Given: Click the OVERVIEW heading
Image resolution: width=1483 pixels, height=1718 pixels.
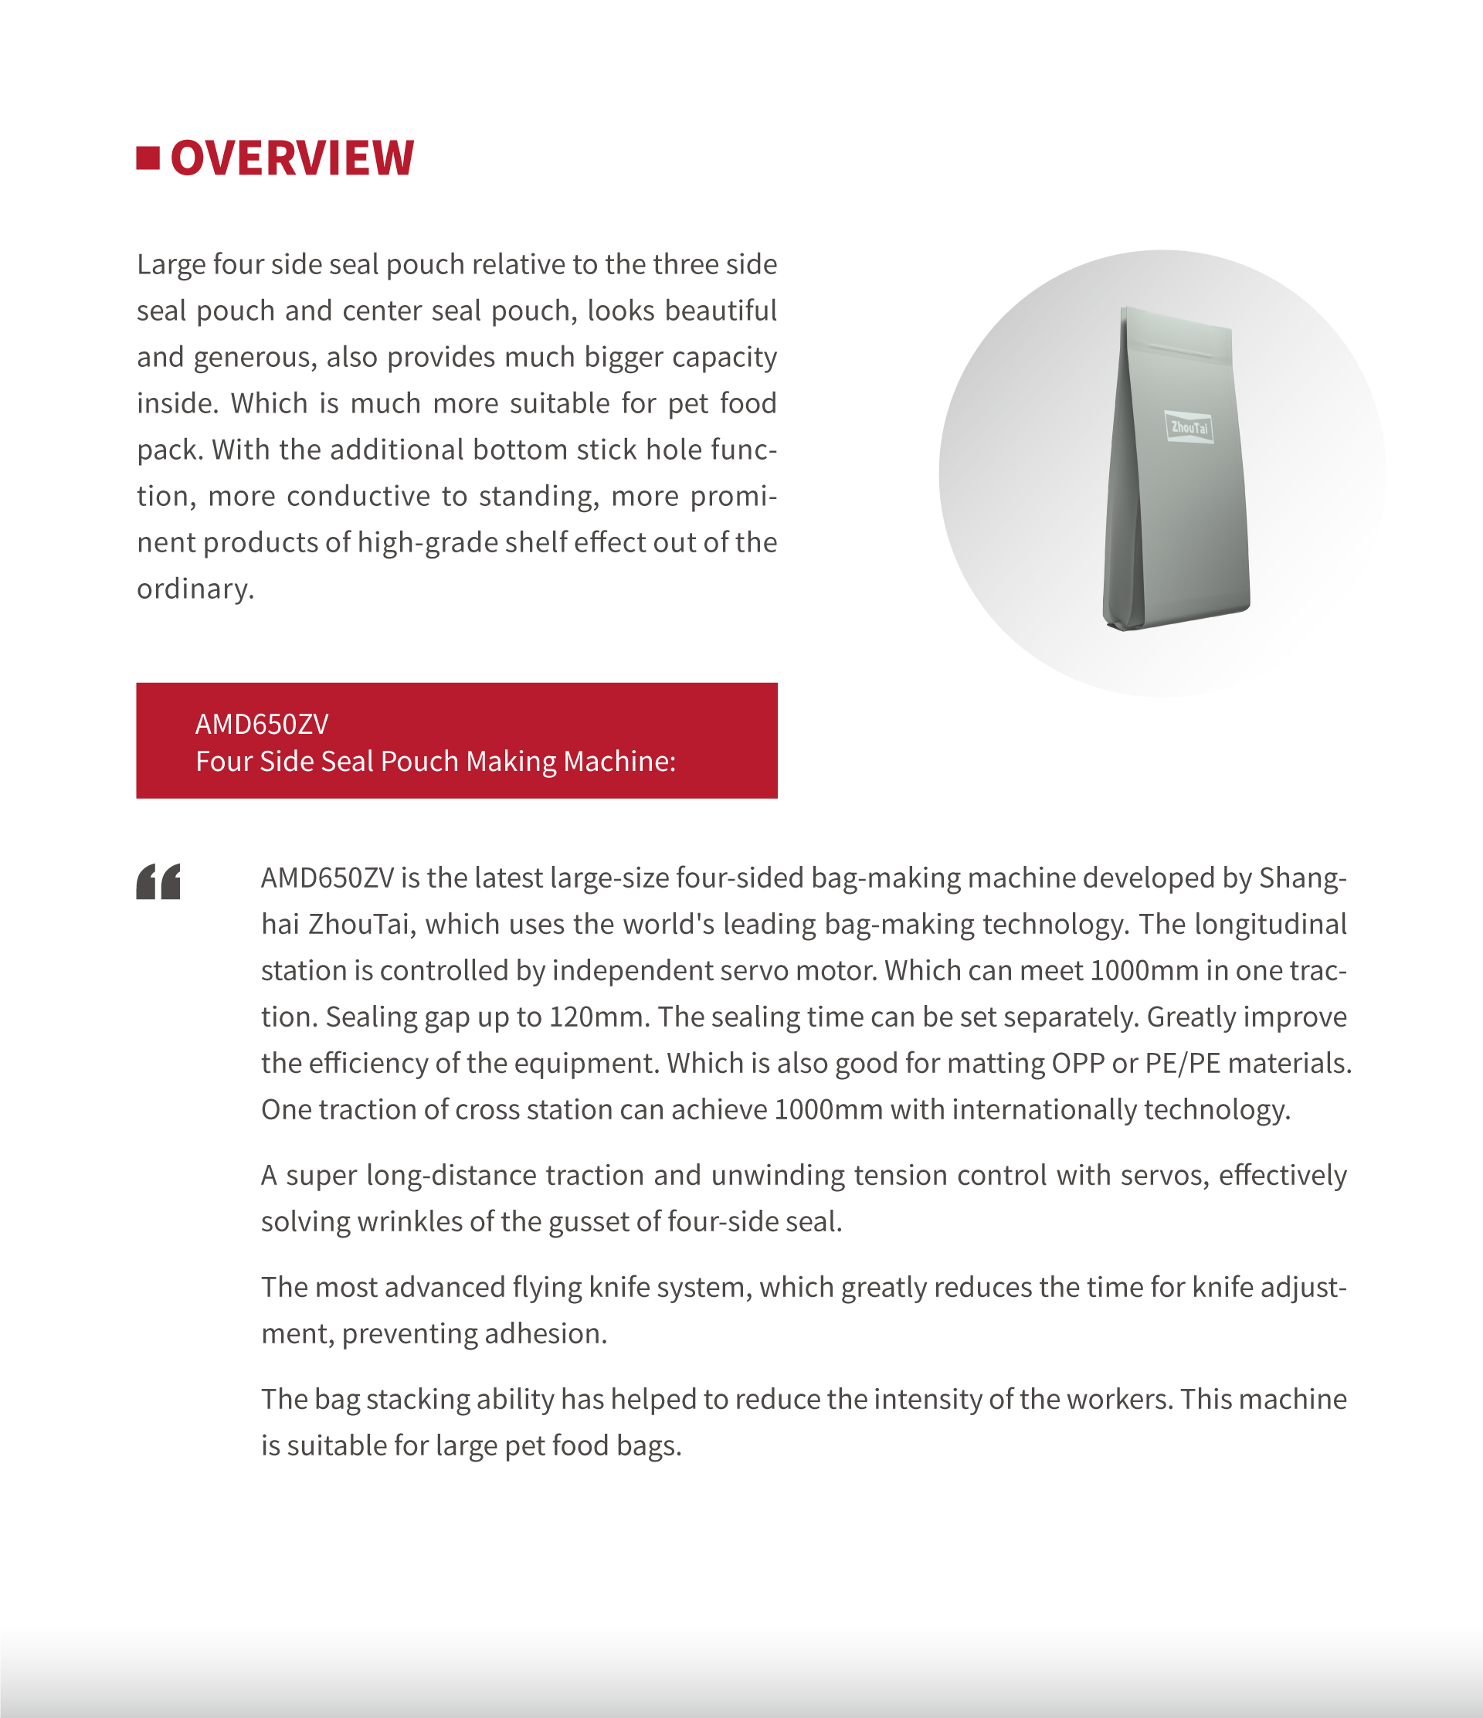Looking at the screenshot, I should click(292, 158).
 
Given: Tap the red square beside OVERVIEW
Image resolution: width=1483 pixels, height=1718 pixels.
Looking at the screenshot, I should click(148, 158).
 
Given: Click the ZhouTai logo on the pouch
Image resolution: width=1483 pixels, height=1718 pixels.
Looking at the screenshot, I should click(1189, 428).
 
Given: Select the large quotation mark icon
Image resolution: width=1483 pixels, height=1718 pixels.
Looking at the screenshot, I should click(158, 881).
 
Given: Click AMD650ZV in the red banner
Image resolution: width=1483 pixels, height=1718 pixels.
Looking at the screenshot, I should click(262, 725).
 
